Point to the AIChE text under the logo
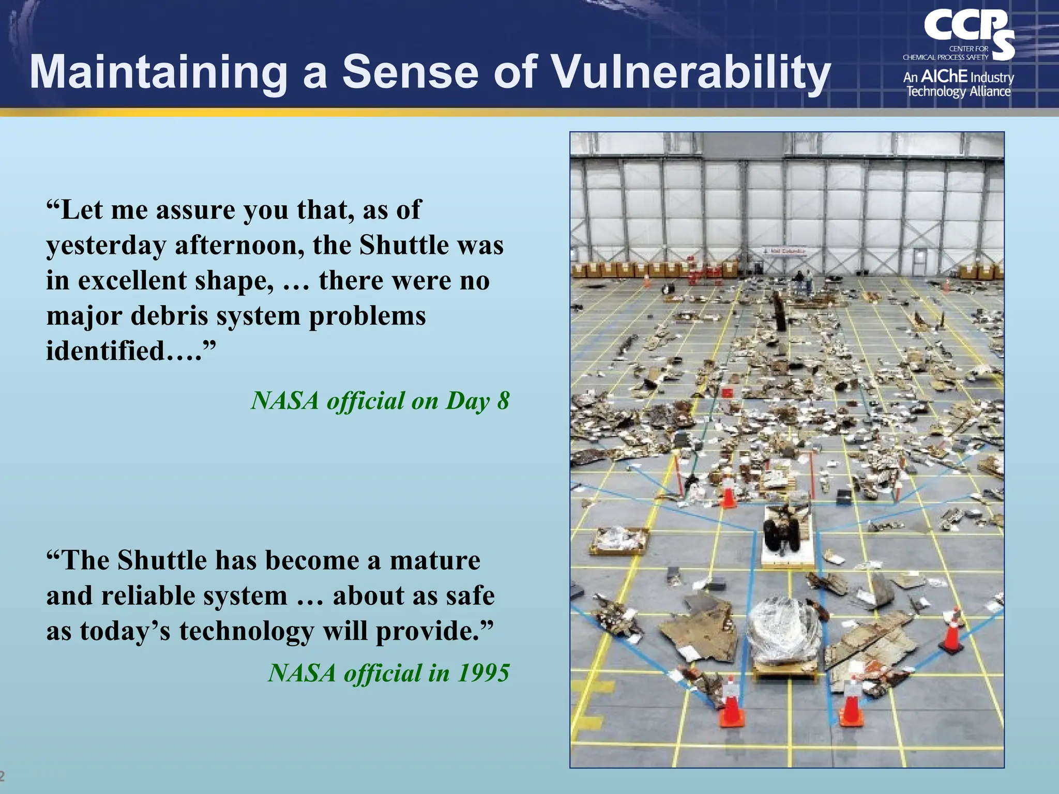coord(944,77)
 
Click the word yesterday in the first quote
coord(106,246)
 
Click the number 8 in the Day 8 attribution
coord(503,401)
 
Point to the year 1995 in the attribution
coord(483,673)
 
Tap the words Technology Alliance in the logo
coord(958,92)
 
